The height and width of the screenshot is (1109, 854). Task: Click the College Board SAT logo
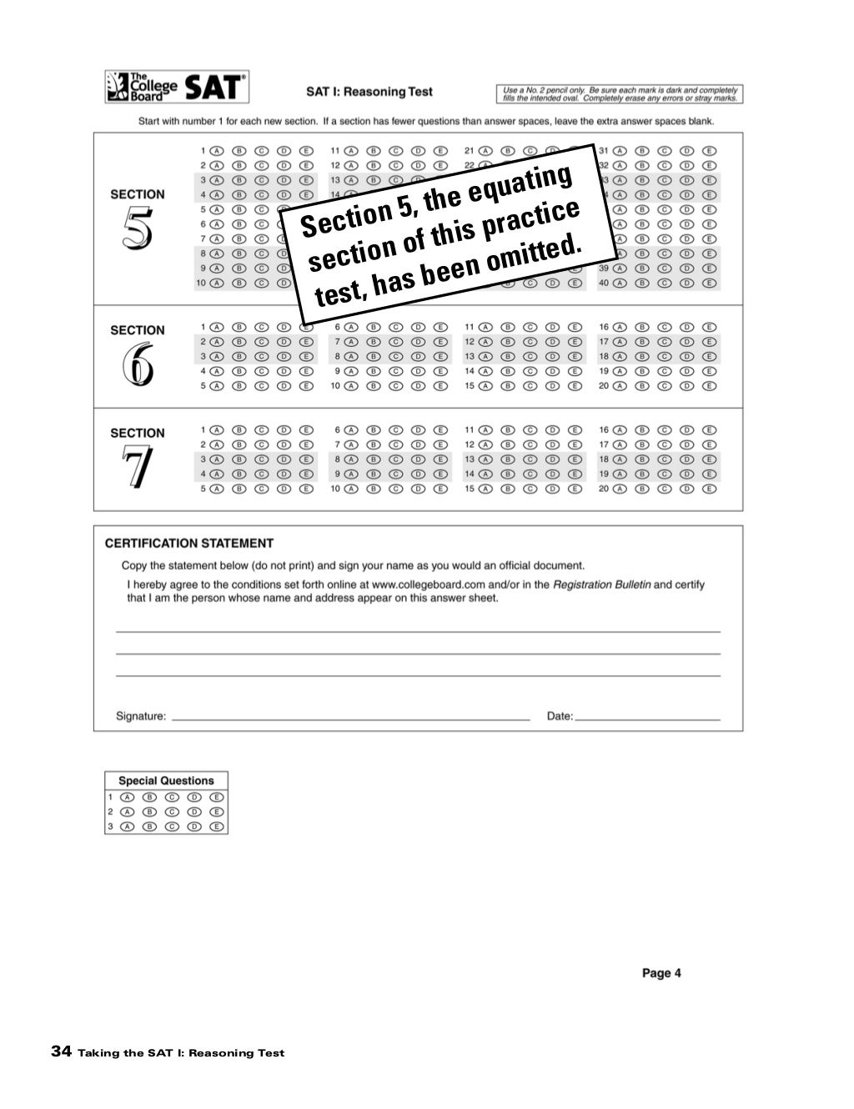tap(177, 87)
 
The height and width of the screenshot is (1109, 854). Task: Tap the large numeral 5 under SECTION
tap(137, 228)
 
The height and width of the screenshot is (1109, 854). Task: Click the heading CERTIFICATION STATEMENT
tap(189, 543)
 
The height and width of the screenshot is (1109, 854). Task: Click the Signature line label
tap(141, 715)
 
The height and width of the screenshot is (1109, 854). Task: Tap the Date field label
tap(560, 715)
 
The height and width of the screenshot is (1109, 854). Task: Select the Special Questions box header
tap(166, 780)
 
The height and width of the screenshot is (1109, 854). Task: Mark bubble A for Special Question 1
tap(128, 797)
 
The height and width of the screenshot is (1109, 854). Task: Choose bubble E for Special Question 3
tap(217, 826)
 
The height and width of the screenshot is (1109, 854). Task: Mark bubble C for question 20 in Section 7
tap(665, 489)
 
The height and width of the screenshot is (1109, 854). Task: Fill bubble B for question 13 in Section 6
tap(507, 356)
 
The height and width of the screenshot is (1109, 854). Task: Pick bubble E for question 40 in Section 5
tap(709, 283)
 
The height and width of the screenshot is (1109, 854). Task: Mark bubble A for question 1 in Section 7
tap(217, 430)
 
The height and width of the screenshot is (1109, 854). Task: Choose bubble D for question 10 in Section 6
tap(419, 386)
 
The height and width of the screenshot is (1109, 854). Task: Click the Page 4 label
tap(661, 972)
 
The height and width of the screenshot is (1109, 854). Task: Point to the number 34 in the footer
tap(61, 1051)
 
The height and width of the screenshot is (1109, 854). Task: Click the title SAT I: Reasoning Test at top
tap(369, 92)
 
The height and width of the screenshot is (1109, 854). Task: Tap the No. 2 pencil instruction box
tap(620, 93)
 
